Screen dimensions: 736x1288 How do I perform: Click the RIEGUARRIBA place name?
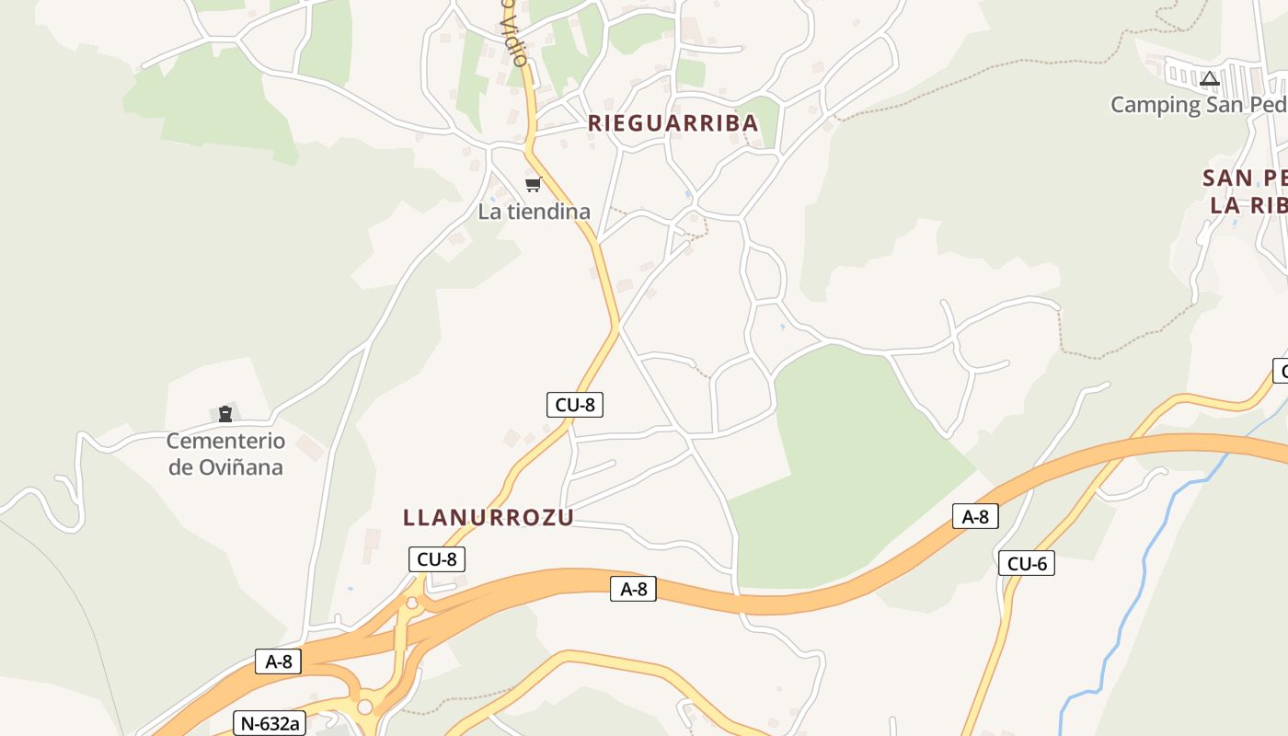tap(673, 123)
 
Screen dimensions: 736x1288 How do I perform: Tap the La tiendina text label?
tap(534, 212)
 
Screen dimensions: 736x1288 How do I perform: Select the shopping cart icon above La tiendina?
tap(533, 185)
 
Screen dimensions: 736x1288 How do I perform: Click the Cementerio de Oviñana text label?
tap(225, 454)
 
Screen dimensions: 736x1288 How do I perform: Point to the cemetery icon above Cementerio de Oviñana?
tap(225, 414)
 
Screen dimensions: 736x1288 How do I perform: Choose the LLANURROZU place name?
tap(488, 518)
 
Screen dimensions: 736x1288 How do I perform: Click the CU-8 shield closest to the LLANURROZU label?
tap(437, 559)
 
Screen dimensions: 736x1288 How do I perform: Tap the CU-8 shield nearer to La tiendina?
tap(575, 405)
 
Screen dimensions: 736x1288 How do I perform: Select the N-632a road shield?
tap(270, 724)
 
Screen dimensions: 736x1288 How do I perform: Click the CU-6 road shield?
tap(1027, 564)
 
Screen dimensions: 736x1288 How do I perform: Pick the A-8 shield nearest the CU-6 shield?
tap(975, 517)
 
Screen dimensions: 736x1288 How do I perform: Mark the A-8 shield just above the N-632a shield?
tap(278, 661)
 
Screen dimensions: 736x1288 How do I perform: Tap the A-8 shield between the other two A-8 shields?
tap(633, 589)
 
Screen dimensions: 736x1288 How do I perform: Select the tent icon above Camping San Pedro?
tap(1210, 79)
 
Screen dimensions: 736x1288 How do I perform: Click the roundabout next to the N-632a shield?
tap(365, 707)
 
